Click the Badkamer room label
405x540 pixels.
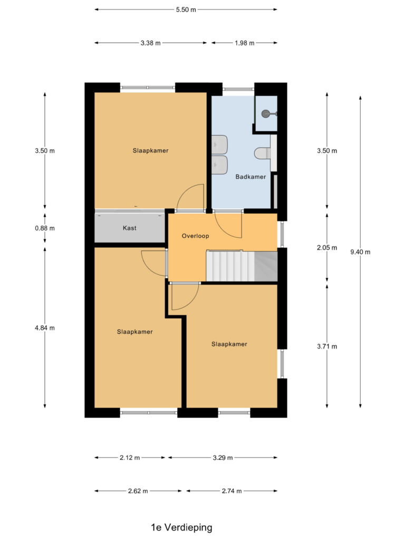pos(250,177)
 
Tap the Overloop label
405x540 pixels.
pos(195,236)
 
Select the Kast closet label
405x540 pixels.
pos(130,228)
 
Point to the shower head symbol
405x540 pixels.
pos(267,113)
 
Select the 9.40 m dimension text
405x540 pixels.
pos(361,252)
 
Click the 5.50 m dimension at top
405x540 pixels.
pos(186,9)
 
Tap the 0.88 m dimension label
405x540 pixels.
pos(44,228)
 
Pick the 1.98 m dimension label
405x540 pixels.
pos(244,43)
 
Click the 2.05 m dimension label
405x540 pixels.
pos(327,247)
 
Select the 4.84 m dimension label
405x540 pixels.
pos(44,327)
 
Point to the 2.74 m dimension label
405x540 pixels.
pos(231,491)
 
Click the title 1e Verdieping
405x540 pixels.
pos(181,527)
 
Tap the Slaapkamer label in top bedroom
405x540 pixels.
pos(150,150)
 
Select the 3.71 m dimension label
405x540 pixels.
pos(327,346)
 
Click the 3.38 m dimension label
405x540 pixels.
pos(151,43)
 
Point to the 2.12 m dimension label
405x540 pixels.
pos(130,458)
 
